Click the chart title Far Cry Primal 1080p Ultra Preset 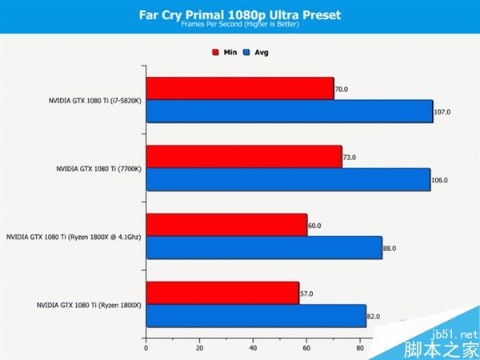[240, 14]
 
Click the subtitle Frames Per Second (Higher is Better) [240, 25]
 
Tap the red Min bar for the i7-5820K [240, 89]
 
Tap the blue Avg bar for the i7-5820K [289, 111]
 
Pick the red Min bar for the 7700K [244, 157]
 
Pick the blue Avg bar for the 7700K [288, 179]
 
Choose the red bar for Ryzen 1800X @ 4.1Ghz [226, 225]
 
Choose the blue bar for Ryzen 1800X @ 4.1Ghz [264, 248]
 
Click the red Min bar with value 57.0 [222, 294]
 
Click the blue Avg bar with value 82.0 [256, 316]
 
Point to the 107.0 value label [442, 112]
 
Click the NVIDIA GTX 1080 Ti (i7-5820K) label [94, 101]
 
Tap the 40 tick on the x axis [253, 348]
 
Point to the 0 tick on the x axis [146, 348]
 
